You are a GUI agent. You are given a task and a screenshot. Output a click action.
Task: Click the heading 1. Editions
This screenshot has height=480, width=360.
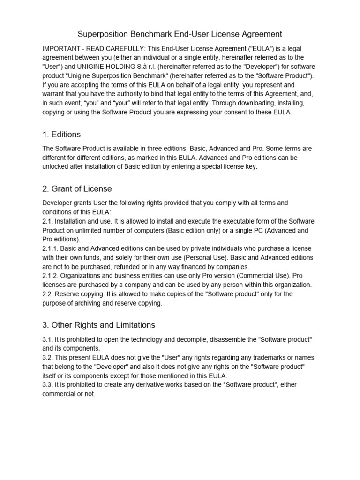click(61, 135)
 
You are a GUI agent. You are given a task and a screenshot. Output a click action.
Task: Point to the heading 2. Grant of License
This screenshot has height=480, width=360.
click(77, 188)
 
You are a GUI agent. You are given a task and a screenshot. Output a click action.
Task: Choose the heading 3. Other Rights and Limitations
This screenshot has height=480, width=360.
click(98, 324)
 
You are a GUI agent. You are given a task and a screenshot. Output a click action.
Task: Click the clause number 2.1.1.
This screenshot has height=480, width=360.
click(52, 248)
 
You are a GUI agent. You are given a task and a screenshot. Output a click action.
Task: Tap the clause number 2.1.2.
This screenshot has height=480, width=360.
click(52, 276)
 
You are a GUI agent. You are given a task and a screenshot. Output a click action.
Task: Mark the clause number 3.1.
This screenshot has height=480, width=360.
click(49, 339)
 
